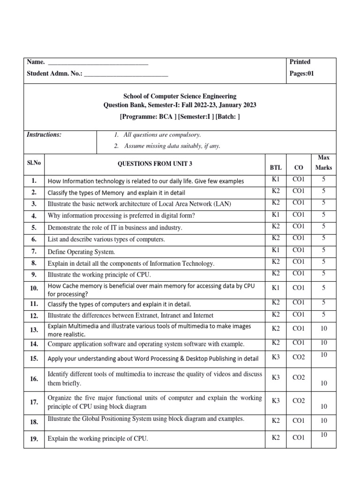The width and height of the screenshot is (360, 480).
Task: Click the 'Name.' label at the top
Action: (x=36, y=62)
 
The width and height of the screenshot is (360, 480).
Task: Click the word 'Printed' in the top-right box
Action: (x=300, y=62)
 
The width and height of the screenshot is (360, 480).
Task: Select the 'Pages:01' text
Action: (x=302, y=74)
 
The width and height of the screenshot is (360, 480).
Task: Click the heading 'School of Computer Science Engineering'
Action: (x=180, y=97)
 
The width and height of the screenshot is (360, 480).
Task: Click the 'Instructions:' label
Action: (x=44, y=135)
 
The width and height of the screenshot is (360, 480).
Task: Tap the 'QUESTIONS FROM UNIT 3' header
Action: (x=154, y=164)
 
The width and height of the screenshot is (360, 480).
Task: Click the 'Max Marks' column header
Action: (x=323, y=163)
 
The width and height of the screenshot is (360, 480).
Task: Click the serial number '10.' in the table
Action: (x=34, y=288)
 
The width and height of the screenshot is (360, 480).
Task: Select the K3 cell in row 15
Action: (x=276, y=358)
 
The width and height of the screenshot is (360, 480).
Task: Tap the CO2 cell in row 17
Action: (x=299, y=401)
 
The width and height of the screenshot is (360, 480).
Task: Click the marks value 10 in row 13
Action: (x=323, y=329)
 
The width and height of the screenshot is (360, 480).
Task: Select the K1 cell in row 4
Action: (x=276, y=214)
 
